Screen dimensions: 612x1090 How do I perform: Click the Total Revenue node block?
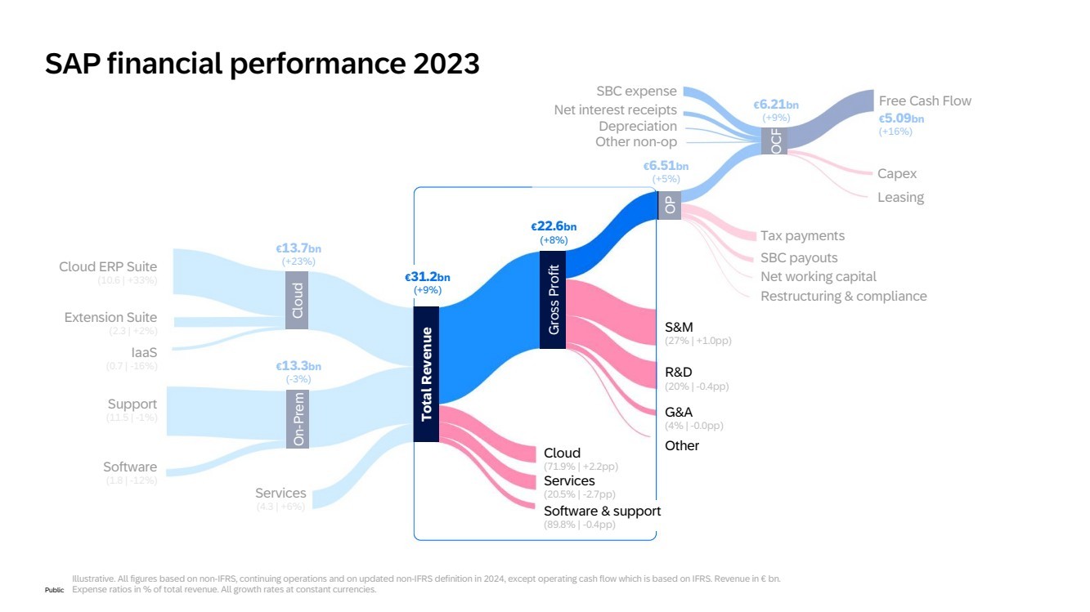(x=426, y=374)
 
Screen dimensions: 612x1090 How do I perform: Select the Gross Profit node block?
(x=553, y=300)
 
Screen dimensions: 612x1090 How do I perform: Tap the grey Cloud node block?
(x=297, y=300)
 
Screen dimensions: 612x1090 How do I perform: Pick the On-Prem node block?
(x=297, y=418)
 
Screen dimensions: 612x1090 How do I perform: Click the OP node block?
(x=669, y=206)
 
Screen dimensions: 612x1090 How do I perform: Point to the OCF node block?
(x=774, y=139)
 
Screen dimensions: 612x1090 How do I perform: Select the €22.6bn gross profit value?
(x=554, y=226)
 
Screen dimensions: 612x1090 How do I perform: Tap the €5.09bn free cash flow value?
(x=901, y=118)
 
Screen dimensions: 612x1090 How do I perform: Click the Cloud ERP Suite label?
(x=108, y=266)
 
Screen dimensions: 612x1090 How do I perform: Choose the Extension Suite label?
(x=110, y=317)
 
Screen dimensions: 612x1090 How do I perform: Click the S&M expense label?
(x=679, y=327)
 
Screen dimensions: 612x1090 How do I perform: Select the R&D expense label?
(x=679, y=372)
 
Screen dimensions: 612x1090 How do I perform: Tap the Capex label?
(x=897, y=173)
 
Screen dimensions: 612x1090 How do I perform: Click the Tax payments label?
(x=802, y=235)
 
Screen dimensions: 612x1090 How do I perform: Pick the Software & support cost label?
(x=602, y=511)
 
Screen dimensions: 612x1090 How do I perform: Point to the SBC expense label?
(x=636, y=92)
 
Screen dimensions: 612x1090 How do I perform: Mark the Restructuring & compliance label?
(x=843, y=296)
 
